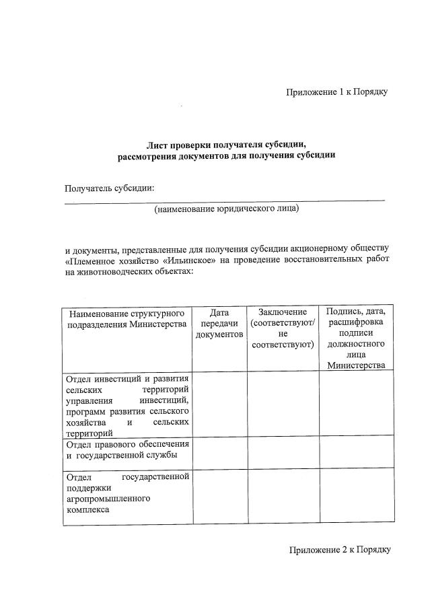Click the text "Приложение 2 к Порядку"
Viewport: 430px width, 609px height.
(340, 549)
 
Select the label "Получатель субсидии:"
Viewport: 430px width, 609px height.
(110, 188)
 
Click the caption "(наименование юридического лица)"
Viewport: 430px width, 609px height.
(226, 209)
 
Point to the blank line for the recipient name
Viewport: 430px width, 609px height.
(225, 199)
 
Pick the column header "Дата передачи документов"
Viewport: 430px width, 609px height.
(219, 323)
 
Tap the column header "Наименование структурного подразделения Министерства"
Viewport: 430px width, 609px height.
(127, 318)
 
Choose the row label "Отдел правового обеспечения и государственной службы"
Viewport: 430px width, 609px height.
(127, 450)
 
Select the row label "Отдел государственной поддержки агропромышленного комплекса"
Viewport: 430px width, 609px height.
(127, 493)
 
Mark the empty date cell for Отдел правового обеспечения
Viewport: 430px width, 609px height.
(219, 452)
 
